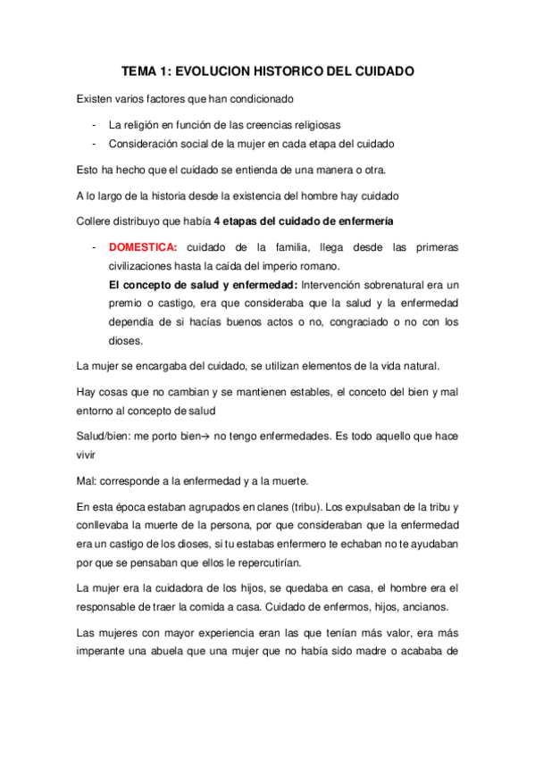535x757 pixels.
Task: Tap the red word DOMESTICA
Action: point(143,246)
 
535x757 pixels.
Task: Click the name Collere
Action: point(96,220)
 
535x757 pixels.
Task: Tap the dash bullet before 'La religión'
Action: point(94,124)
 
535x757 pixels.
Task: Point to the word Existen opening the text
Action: point(96,98)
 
